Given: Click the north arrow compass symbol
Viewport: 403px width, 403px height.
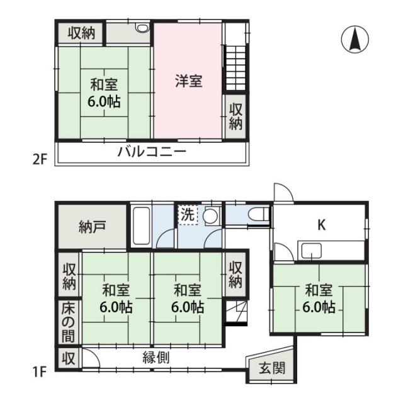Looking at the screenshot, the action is [x=355, y=39].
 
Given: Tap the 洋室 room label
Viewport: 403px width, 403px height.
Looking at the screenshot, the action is [x=189, y=81].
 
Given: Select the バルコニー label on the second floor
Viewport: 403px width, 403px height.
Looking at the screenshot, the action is [x=152, y=152].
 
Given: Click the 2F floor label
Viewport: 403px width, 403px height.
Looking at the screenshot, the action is [x=40, y=159].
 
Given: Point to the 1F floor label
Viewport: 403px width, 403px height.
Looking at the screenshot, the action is [x=39, y=372].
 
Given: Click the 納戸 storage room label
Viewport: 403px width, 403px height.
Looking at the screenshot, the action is [x=92, y=227].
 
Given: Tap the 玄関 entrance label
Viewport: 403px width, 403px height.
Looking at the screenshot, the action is [x=272, y=368].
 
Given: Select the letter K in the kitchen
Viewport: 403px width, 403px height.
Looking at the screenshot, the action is [x=322, y=225].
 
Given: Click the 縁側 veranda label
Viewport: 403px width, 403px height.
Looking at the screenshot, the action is [x=156, y=358].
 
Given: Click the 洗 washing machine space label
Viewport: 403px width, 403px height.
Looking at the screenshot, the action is [x=188, y=214].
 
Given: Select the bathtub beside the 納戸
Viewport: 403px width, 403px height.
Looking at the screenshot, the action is [x=141, y=225].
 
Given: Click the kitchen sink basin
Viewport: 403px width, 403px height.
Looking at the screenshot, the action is [x=312, y=251].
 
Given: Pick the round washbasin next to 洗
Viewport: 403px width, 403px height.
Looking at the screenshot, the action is [x=210, y=216].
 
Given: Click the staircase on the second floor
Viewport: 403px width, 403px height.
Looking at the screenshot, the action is [x=235, y=68].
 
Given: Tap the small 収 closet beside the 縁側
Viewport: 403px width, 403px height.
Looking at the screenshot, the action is [x=69, y=358].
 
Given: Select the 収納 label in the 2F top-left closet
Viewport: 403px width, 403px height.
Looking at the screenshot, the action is [x=81, y=33].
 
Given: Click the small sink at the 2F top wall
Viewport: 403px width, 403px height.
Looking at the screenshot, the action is [x=143, y=28].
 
